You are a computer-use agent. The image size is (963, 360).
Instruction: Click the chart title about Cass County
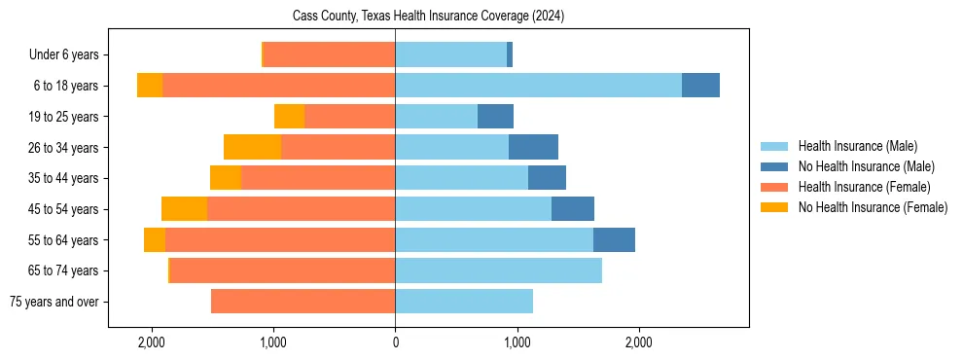(x=428, y=17)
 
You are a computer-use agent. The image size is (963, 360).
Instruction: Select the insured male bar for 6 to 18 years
(x=538, y=86)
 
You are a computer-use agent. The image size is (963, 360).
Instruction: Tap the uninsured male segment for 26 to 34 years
(x=533, y=147)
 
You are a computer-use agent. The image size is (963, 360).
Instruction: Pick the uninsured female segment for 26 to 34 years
(x=252, y=147)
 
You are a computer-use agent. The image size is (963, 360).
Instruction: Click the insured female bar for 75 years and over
(x=303, y=302)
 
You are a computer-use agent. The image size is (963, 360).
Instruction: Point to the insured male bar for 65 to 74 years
(x=498, y=270)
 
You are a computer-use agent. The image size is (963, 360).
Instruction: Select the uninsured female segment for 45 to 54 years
(x=184, y=209)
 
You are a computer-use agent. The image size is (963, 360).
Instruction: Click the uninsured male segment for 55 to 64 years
(x=614, y=239)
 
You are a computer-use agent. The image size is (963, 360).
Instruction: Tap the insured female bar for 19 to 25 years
(x=349, y=117)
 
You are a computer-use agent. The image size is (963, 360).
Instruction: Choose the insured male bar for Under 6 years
(x=450, y=54)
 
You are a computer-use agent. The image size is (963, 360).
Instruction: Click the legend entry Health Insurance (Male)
(x=857, y=146)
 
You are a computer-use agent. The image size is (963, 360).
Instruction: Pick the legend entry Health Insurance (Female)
(x=864, y=187)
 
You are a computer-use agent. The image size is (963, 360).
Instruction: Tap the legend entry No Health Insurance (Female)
(x=873, y=207)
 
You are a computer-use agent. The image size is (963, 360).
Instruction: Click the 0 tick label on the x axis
(x=395, y=342)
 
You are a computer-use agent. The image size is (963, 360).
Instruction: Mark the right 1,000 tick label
(x=517, y=342)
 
